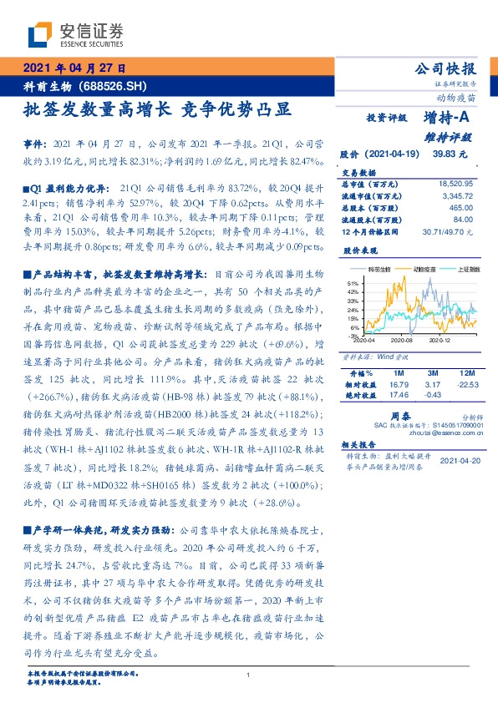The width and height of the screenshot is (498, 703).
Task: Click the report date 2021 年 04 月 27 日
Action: pos(74,69)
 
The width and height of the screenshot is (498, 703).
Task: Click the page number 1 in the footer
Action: pos(249,676)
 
